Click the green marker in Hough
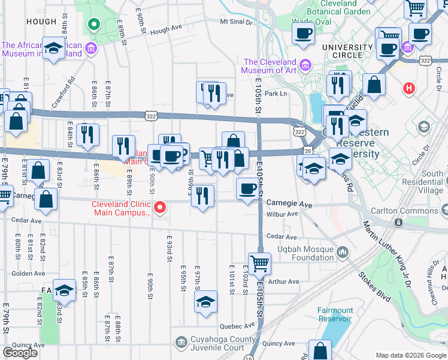tap(93, 25)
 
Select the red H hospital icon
tap(410, 88)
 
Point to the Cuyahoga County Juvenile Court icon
tap(181, 343)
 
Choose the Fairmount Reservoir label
tap(335, 314)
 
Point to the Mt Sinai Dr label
tap(237, 22)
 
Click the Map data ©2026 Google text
tap(410, 355)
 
